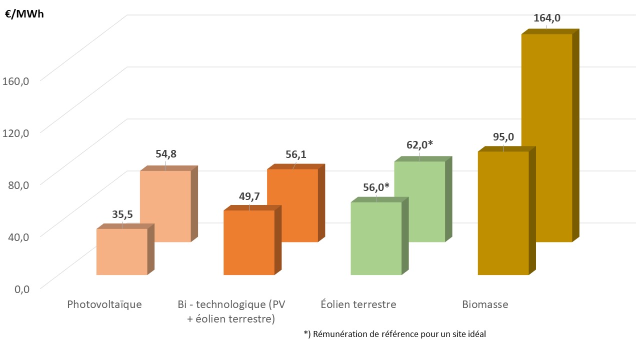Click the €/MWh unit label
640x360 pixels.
click(24, 14)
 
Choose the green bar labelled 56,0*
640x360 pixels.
click(376, 238)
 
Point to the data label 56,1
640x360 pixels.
click(295, 155)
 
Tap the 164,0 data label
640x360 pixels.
click(547, 18)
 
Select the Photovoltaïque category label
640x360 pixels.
click(104, 304)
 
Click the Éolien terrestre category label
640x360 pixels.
click(358, 304)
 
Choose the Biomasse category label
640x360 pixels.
click(484, 304)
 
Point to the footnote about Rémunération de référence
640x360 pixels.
click(394, 334)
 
